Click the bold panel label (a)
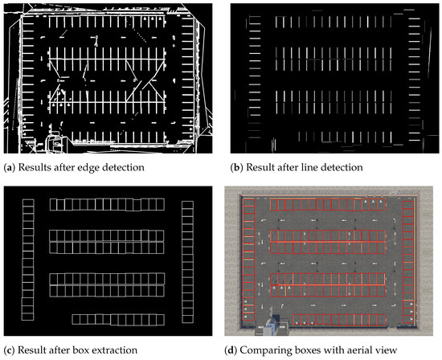(9, 166)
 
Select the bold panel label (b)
(234, 166)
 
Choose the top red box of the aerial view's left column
(250, 203)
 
